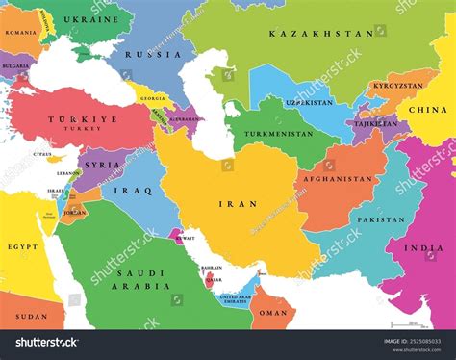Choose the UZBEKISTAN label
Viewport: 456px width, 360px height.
pos(309,102)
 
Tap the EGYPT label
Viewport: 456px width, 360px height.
pos(23,248)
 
